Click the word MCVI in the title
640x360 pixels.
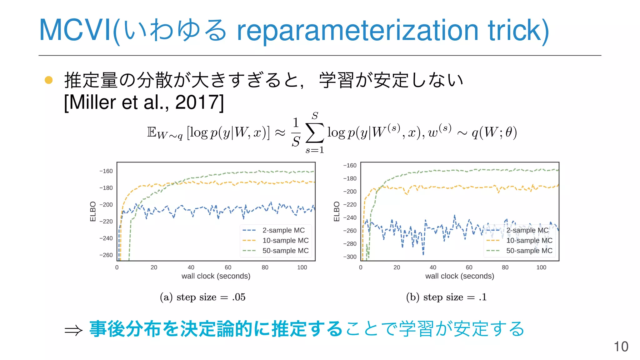point(75,30)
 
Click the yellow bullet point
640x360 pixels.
point(49,80)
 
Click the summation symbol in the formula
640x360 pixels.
point(314,133)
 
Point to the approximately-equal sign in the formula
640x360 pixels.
point(280,133)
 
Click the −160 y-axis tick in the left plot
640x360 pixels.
point(106,171)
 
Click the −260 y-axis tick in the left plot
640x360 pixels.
point(106,255)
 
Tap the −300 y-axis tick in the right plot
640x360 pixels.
point(350,257)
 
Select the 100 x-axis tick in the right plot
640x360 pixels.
point(541,267)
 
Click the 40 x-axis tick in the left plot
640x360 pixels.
point(191,267)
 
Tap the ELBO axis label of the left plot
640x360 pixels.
point(93,212)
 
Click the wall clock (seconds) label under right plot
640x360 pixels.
point(459,276)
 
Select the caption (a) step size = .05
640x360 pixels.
point(202,297)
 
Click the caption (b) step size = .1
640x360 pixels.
point(446,297)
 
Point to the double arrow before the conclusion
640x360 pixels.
point(73,330)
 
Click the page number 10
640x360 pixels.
point(621,347)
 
